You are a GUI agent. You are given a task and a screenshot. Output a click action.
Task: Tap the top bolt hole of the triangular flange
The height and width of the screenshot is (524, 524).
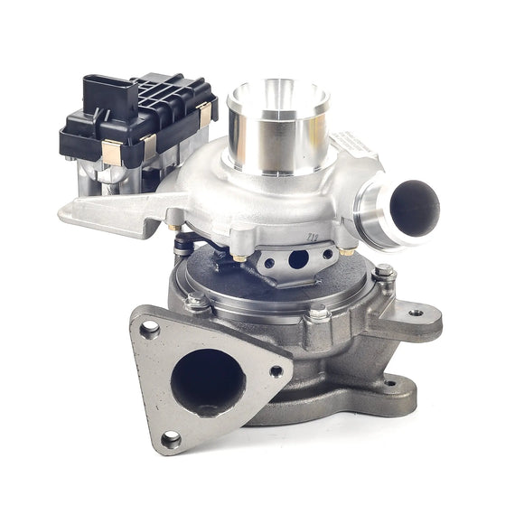click(148, 328)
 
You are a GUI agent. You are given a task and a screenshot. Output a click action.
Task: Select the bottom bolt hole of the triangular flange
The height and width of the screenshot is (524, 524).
click(168, 439)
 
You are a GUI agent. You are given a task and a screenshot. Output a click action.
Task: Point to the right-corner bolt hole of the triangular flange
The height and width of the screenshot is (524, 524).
click(276, 370)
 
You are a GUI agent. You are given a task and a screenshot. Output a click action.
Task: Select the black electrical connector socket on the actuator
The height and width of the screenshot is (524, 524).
click(101, 91)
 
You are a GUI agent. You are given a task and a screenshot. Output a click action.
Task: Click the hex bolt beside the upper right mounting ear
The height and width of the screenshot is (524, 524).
click(385, 273)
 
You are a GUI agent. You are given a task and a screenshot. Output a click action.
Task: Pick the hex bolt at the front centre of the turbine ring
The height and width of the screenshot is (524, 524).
click(318, 312)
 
